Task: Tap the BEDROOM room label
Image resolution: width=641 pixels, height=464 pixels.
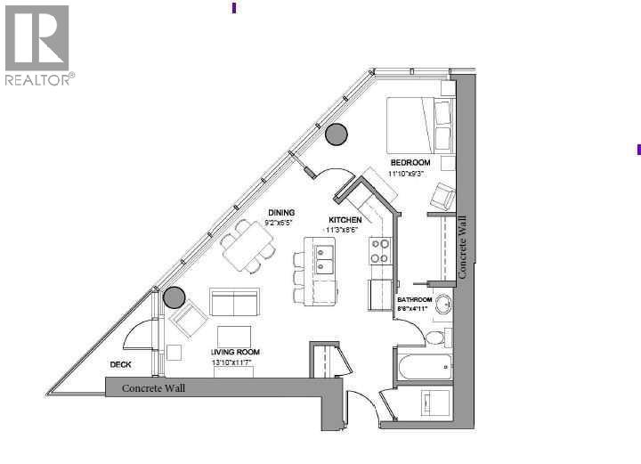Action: click(x=410, y=162)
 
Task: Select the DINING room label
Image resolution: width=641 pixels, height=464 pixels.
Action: click(x=281, y=212)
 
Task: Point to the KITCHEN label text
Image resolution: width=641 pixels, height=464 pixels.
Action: click(x=345, y=219)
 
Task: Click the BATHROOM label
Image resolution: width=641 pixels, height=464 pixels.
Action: click(x=415, y=300)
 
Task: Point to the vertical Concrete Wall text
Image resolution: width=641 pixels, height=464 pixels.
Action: click(x=461, y=252)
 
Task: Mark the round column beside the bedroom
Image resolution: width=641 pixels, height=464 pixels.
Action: click(x=337, y=134)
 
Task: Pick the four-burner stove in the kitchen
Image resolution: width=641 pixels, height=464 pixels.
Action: click(x=380, y=251)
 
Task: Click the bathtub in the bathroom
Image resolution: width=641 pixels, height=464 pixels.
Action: click(x=424, y=368)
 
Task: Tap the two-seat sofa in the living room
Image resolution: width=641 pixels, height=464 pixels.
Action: click(x=233, y=303)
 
